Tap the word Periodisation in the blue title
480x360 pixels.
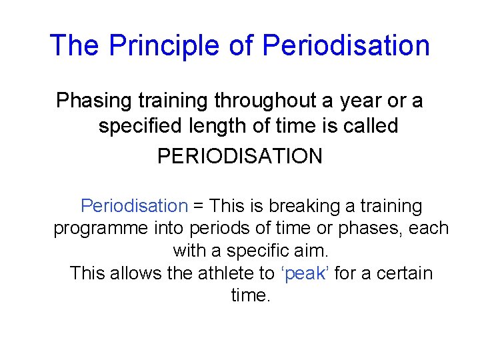point(346,45)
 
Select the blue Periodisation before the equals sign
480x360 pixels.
point(134,206)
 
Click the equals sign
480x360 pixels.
point(199,207)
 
